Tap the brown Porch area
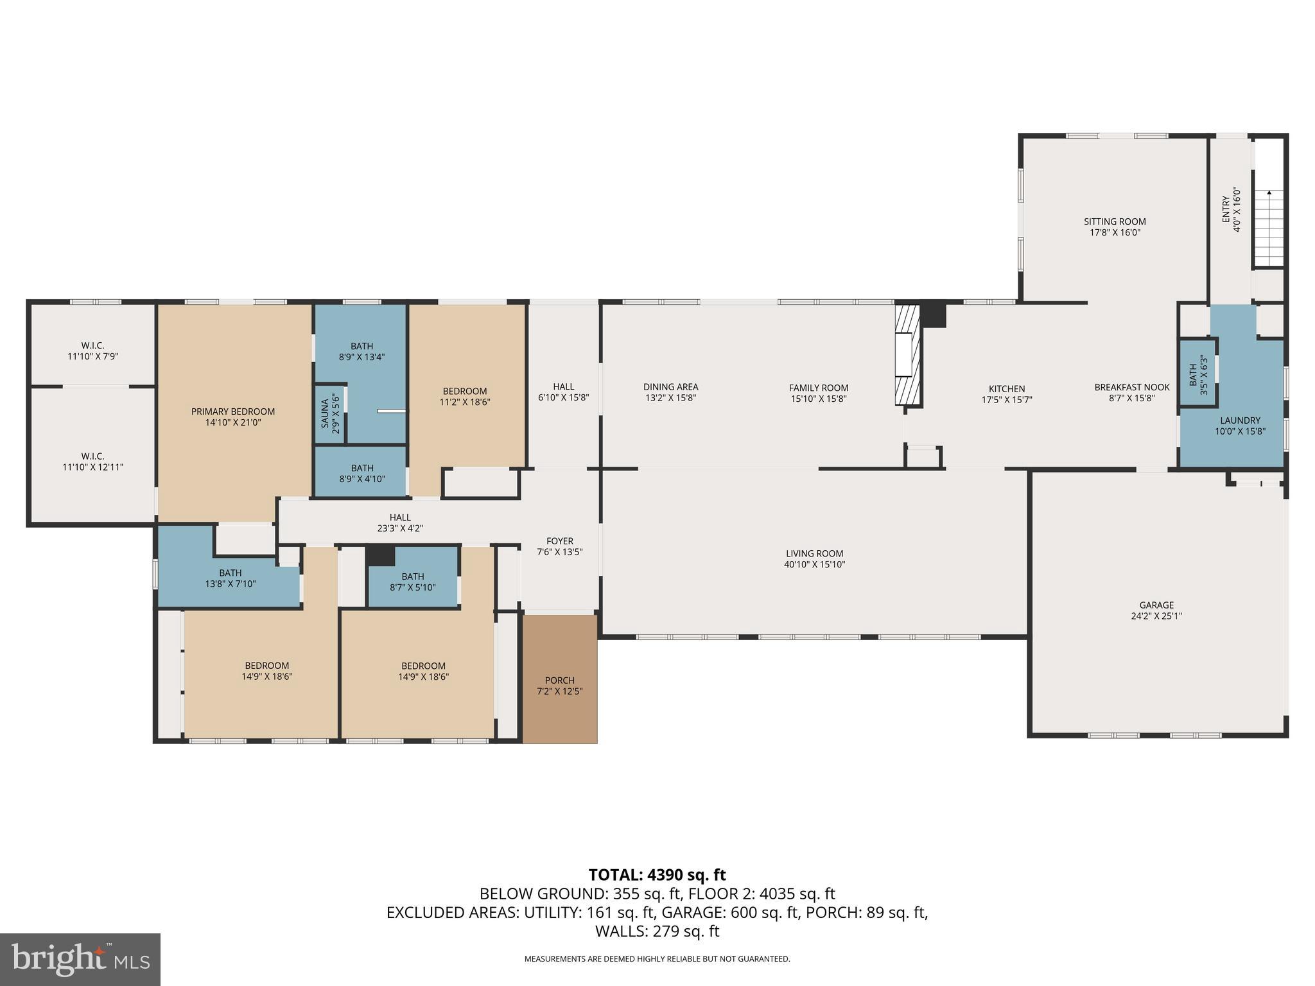pyautogui.click(x=559, y=680)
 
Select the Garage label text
pyautogui.click(x=1156, y=605)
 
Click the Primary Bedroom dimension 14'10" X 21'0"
pyautogui.click(x=232, y=422)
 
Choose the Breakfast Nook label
pyautogui.click(x=1132, y=387)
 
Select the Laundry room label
pyautogui.click(x=1240, y=420)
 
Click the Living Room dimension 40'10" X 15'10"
pyautogui.click(x=814, y=565)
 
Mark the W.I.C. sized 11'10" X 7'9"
pyautogui.click(x=93, y=350)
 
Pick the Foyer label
pyautogui.click(x=559, y=541)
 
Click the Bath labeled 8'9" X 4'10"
pyautogui.click(x=362, y=473)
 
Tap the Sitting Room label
pyautogui.click(x=1115, y=221)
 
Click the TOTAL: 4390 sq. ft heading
pyautogui.click(x=657, y=875)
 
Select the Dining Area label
pyautogui.click(x=670, y=387)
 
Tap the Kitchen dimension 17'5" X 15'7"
pyautogui.click(x=1007, y=399)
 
